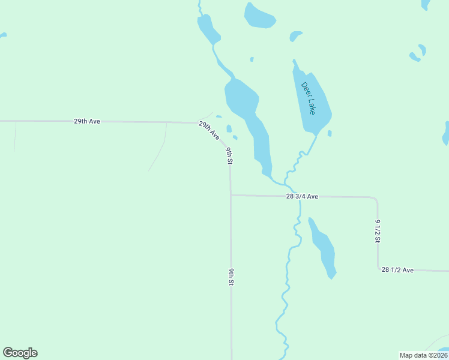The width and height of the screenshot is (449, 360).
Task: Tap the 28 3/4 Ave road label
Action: tap(302, 196)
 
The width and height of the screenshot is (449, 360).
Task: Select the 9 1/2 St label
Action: tap(378, 231)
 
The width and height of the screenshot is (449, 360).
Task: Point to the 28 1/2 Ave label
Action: tap(397, 270)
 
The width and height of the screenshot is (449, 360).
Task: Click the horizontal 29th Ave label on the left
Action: tap(87, 121)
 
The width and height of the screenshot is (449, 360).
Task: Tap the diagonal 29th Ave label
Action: tap(209, 130)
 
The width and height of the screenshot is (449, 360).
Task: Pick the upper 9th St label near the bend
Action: tap(229, 155)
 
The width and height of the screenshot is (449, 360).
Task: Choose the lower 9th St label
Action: tap(231, 277)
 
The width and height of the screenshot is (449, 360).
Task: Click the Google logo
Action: tap(20, 353)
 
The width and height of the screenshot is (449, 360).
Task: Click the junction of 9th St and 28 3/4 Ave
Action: tap(231, 195)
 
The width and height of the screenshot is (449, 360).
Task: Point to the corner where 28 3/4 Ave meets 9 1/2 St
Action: tap(376, 198)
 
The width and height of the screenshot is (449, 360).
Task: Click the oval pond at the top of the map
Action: tap(259, 16)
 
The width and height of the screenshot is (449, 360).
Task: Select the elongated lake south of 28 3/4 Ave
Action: tap(323, 246)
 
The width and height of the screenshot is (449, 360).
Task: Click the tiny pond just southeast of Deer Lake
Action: tap(330, 133)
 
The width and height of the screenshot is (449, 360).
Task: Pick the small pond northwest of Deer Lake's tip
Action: tap(295, 36)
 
